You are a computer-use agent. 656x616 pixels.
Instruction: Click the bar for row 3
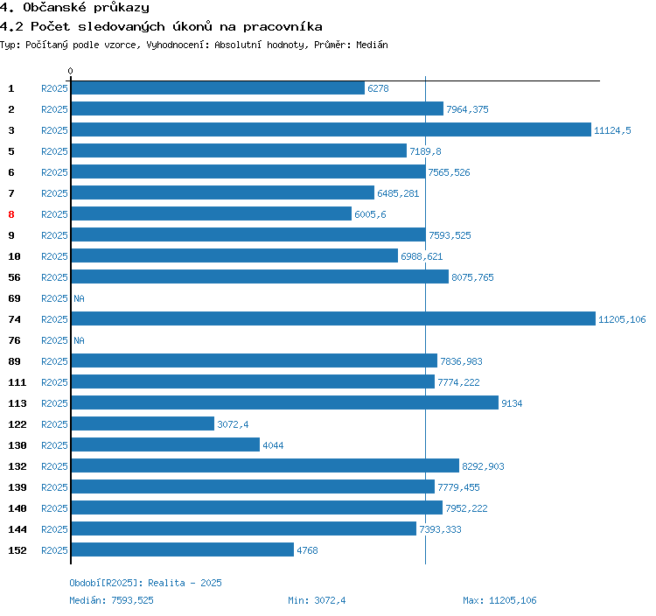tap(331, 130)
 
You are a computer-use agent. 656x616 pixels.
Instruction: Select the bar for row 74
tap(332, 319)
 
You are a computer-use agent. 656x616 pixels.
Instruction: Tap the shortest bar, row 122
tap(143, 424)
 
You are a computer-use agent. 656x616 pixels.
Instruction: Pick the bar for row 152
tap(182, 550)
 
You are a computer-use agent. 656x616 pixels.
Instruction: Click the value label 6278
tap(378, 88)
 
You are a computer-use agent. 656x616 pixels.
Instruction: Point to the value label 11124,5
tap(612, 130)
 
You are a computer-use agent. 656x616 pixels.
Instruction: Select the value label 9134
tap(512, 403)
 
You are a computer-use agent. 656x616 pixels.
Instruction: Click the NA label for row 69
tap(79, 298)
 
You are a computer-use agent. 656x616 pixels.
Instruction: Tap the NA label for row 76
tap(79, 340)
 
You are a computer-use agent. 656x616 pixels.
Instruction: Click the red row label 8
tap(11, 214)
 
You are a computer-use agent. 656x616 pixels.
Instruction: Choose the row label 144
tap(17, 529)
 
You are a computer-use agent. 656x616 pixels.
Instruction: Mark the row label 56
tap(14, 277)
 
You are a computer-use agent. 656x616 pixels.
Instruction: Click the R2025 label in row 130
tap(54, 445)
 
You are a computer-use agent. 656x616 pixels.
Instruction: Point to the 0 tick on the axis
tap(71, 71)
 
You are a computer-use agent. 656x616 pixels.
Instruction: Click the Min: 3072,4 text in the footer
tap(317, 600)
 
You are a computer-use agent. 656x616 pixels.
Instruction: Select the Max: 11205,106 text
tap(499, 600)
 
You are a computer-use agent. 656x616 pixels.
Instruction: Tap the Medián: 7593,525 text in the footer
tap(111, 600)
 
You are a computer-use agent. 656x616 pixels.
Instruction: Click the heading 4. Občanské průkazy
tap(74, 8)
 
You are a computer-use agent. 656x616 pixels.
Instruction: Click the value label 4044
tap(274, 445)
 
